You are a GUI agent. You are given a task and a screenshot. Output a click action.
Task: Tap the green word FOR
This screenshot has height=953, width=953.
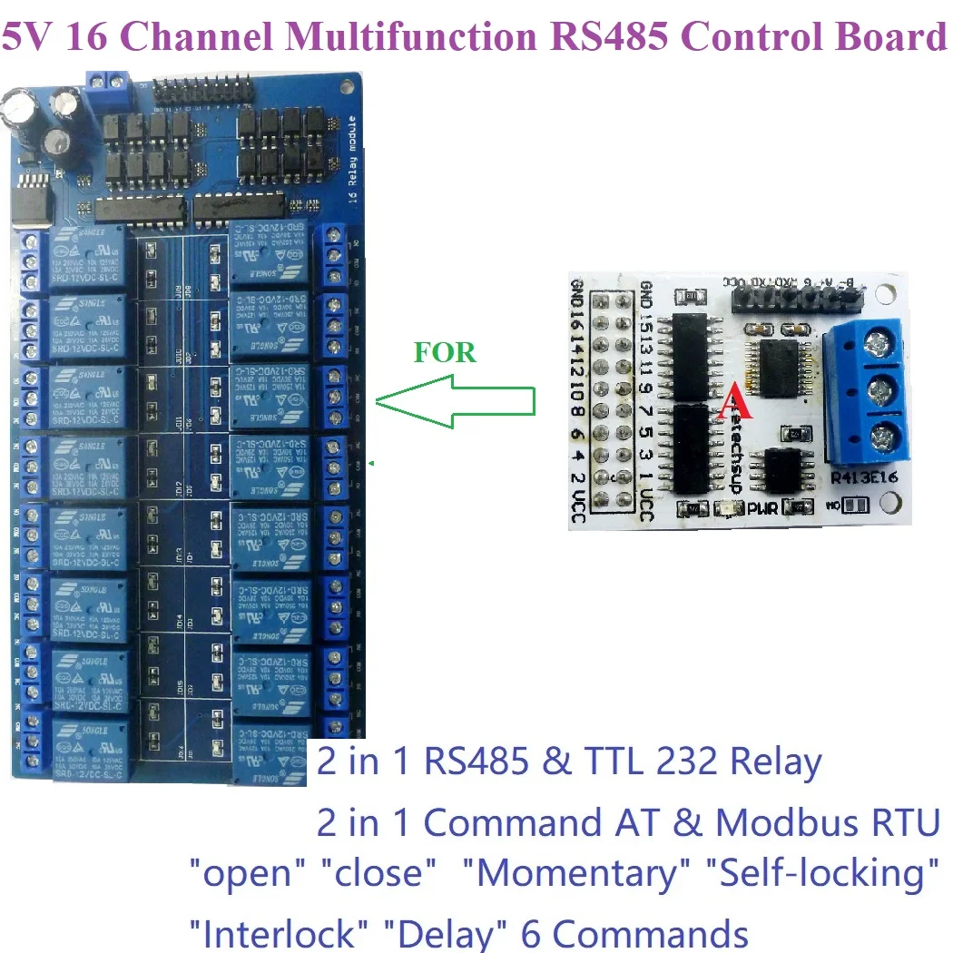pos(445,352)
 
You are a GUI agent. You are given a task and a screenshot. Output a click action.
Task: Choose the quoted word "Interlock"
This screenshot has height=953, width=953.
pos(278,932)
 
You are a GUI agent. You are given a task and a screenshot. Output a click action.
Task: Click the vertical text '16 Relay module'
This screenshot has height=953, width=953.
pos(353,163)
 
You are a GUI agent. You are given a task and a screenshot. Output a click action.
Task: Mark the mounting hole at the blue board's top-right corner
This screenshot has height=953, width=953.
pos(346,87)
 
